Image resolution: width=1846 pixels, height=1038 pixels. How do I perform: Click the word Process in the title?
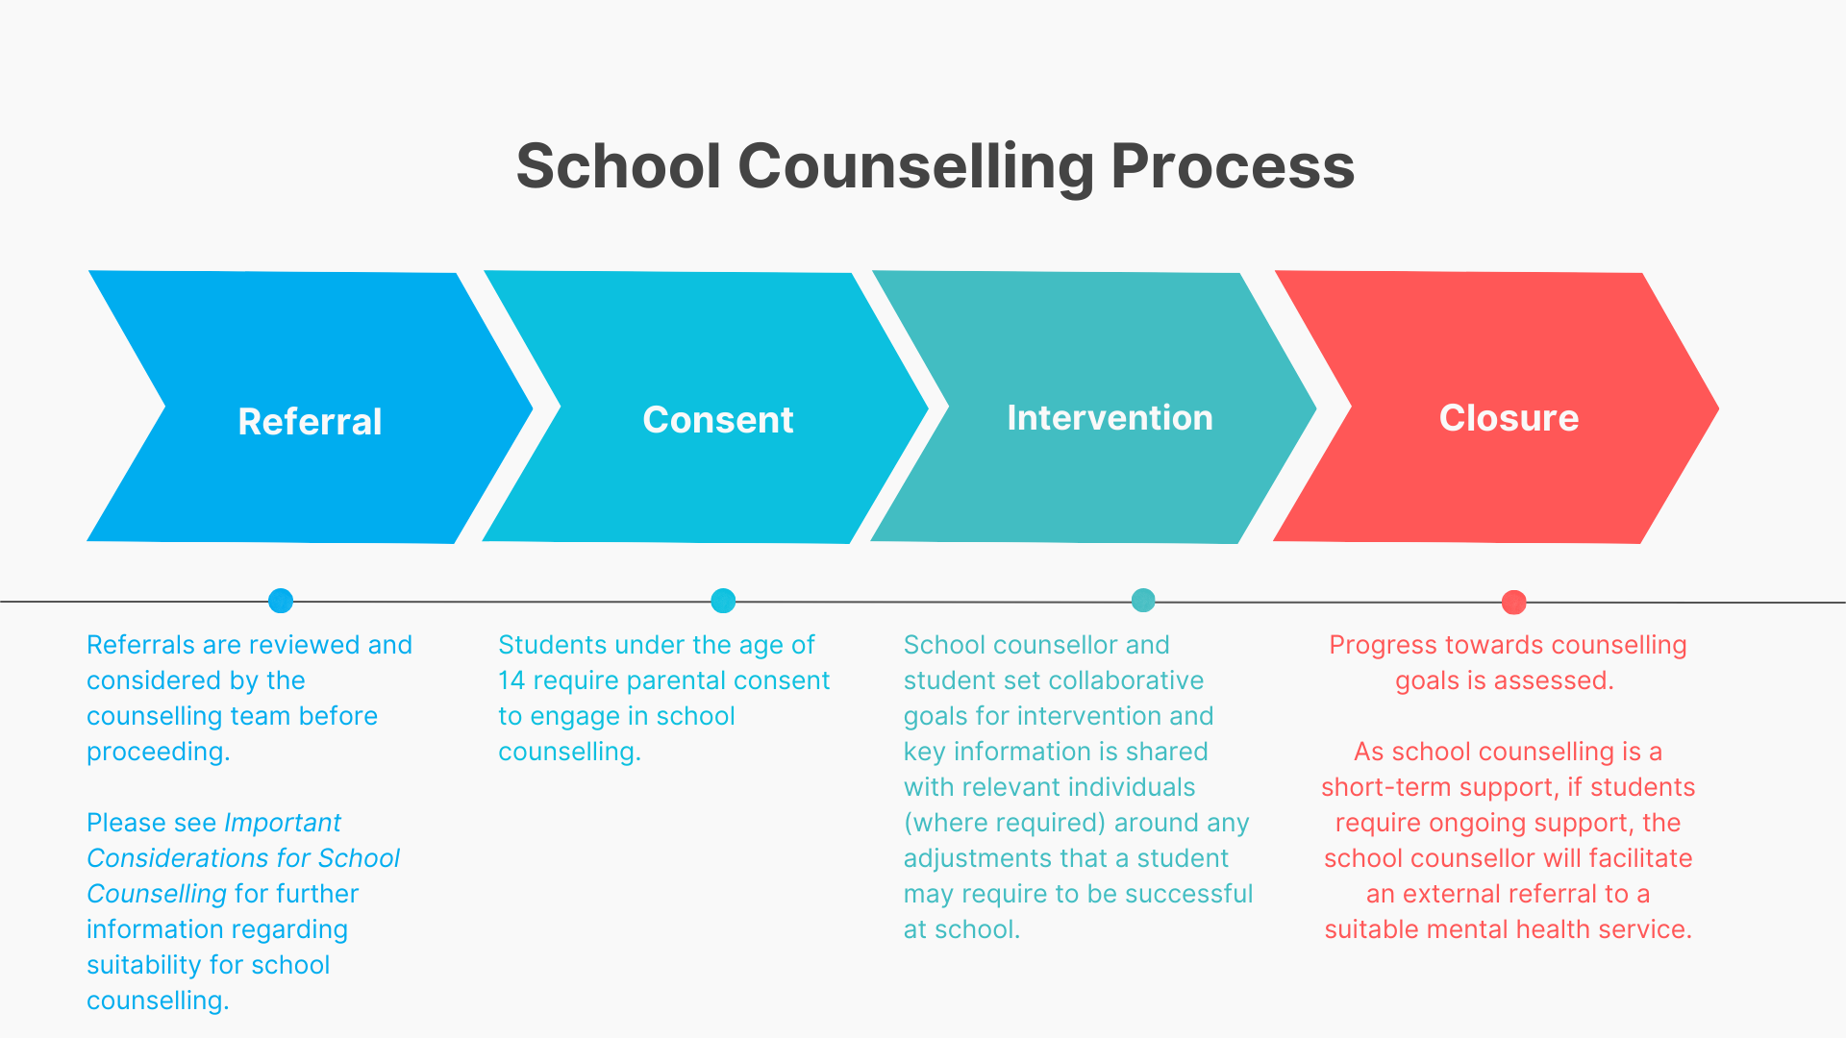point(1233,166)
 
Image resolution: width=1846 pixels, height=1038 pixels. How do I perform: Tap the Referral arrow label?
point(310,421)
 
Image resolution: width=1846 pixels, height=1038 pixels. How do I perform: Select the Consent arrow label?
point(718,419)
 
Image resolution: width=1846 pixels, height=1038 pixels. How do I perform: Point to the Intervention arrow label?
point(1110,417)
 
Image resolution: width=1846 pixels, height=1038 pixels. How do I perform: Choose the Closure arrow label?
point(1509,417)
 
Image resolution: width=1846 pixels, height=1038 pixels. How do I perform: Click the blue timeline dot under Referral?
point(281,601)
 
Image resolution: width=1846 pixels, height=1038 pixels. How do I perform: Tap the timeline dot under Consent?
point(723,601)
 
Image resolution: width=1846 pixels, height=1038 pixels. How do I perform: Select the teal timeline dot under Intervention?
point(1143,601)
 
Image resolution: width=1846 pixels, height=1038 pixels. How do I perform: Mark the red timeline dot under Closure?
point(1514,603)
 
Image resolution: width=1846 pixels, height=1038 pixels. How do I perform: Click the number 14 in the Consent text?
point(511,680)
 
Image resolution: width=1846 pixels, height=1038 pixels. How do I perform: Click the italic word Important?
point(283,824)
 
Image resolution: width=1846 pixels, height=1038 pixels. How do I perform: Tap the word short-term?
point(1385,787)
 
